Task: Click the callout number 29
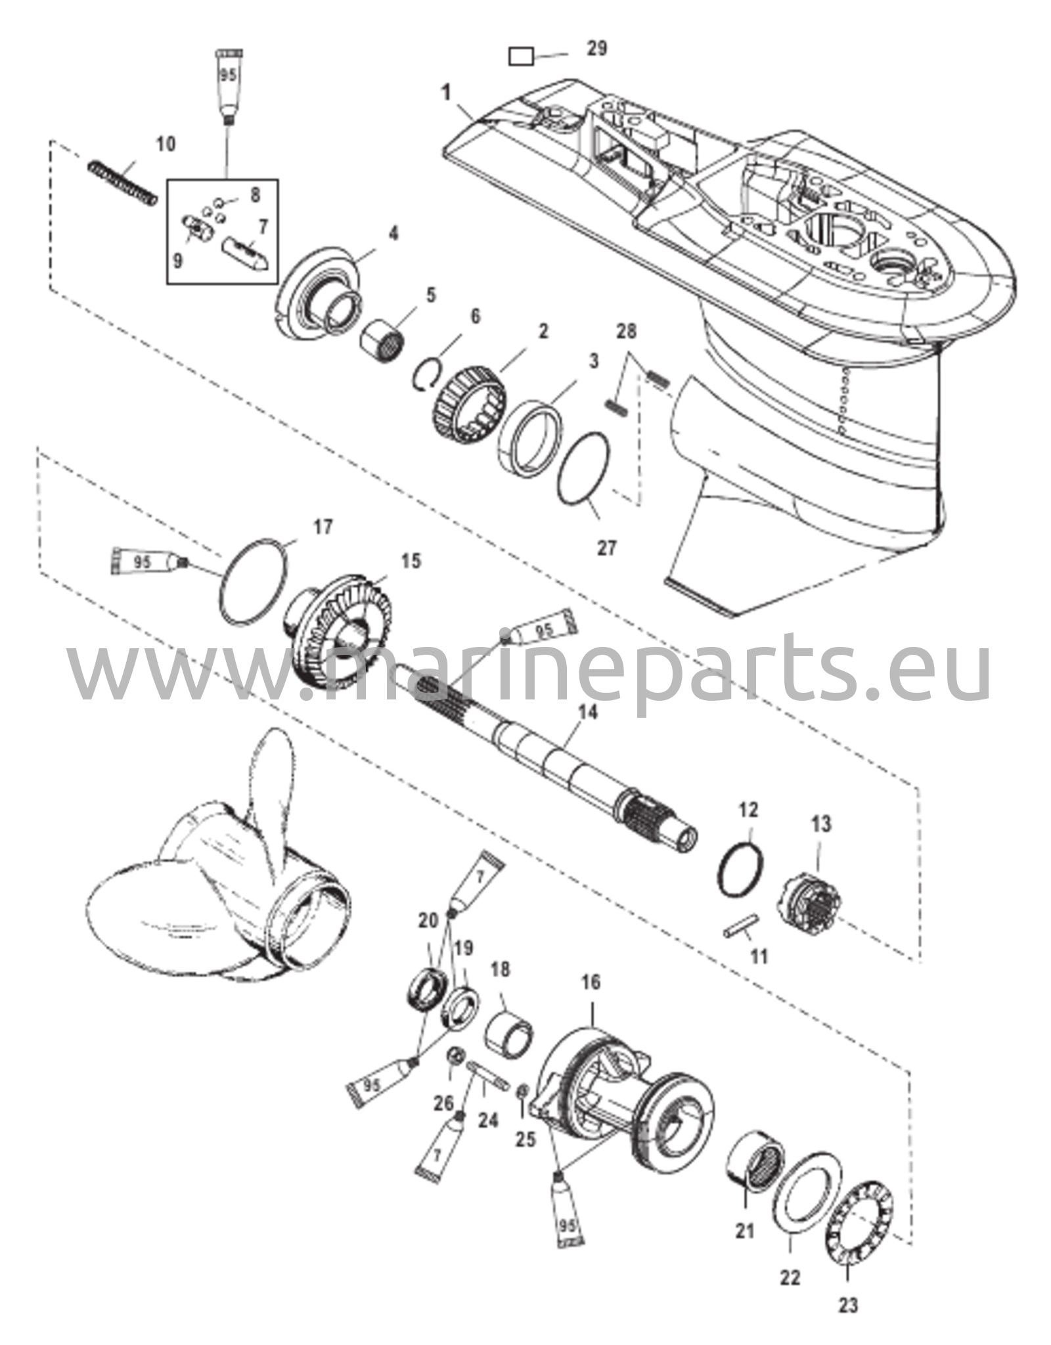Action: (x=596, y=49)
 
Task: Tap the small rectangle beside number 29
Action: (x=521, y=56)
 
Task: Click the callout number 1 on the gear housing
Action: (x=447, y=93)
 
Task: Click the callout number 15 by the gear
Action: (x=412, y=562)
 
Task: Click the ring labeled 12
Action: (x=741, y=869)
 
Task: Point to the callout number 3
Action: (x=593, y=361)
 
